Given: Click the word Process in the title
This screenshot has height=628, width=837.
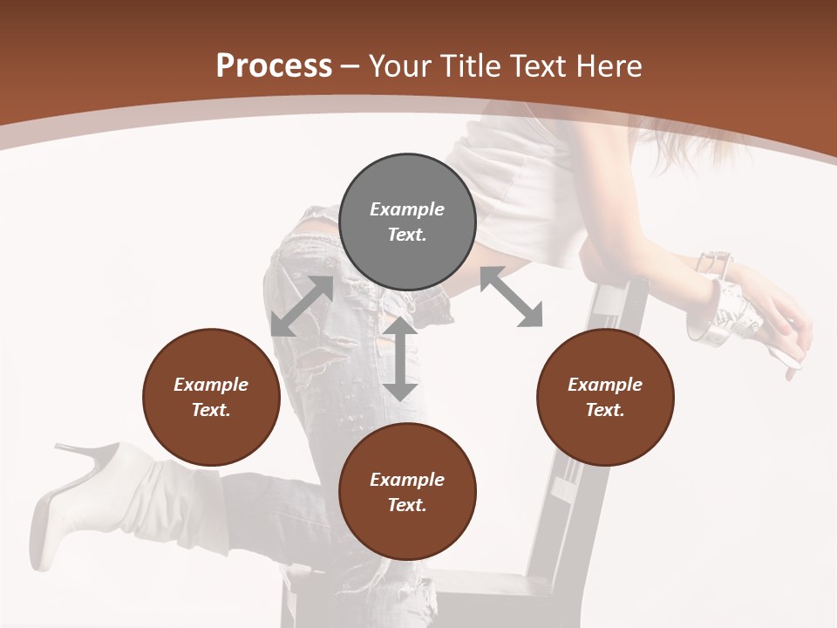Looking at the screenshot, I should (274, 66).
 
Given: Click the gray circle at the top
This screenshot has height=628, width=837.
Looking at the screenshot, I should (407, 222).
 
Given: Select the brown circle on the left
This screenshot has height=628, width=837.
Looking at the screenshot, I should (211, 397).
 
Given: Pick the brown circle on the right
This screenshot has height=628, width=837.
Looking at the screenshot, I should (605, 397).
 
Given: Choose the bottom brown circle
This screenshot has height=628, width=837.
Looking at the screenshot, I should (407, 492).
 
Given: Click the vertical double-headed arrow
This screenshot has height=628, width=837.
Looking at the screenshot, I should (400, 359).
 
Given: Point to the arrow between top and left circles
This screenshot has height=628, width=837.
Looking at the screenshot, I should (302, 306).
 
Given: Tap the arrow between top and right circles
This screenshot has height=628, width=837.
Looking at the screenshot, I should (512, 297).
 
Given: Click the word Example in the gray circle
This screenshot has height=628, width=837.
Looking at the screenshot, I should (407, 209).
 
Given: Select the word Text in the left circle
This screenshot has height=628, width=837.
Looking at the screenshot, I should (211, 410).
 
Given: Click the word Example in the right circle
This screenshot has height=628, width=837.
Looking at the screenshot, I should (605, 385).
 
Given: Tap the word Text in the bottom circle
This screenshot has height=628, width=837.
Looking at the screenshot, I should (407, 505).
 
